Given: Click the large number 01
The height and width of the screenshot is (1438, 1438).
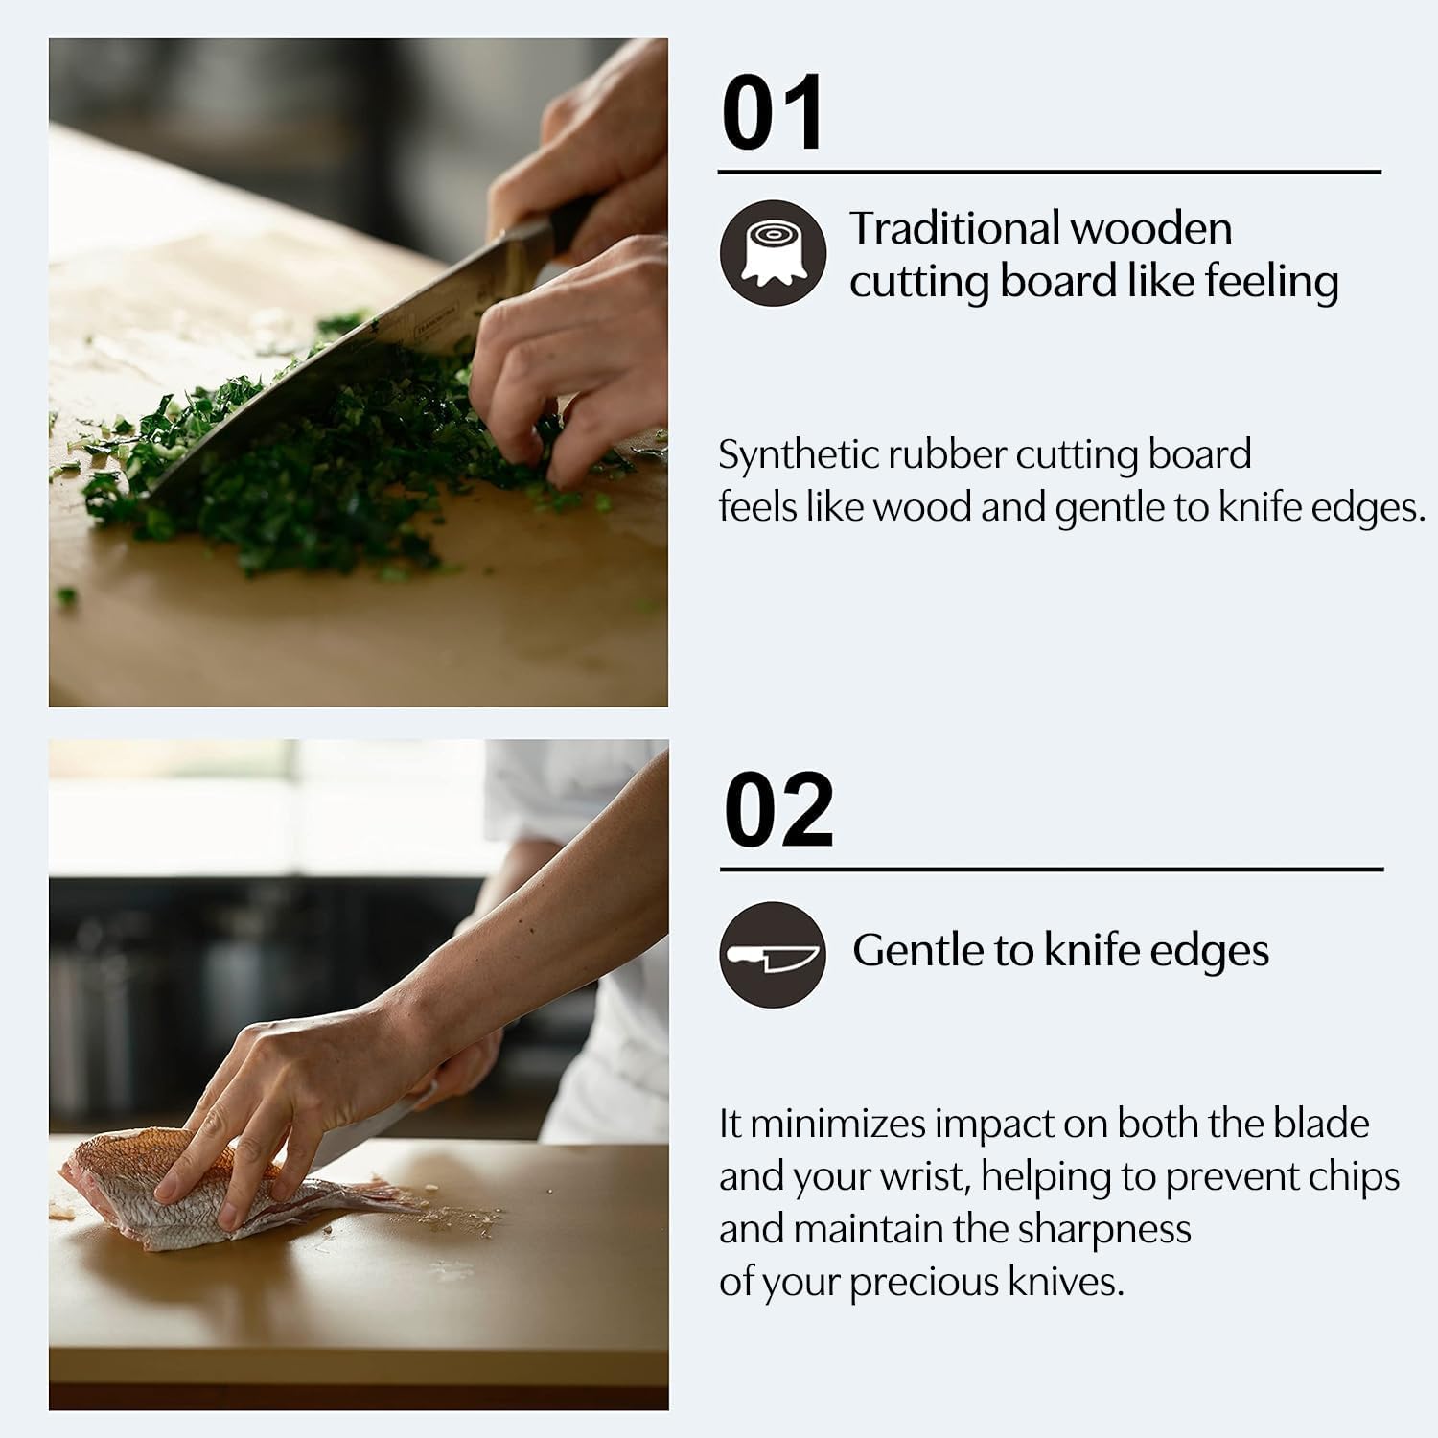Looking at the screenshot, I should click(772, 113).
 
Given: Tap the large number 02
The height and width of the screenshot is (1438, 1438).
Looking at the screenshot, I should click(778, 811).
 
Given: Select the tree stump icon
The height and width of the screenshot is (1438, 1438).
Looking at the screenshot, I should click(773, 253).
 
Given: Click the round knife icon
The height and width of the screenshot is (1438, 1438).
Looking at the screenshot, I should click(773, 954).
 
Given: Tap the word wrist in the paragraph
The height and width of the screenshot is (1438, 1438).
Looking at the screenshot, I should click(918, 1177).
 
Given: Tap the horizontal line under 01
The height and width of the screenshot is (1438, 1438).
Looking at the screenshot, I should click(1049, 173).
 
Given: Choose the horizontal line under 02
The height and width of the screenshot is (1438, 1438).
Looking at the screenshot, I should click(1051, 870).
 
